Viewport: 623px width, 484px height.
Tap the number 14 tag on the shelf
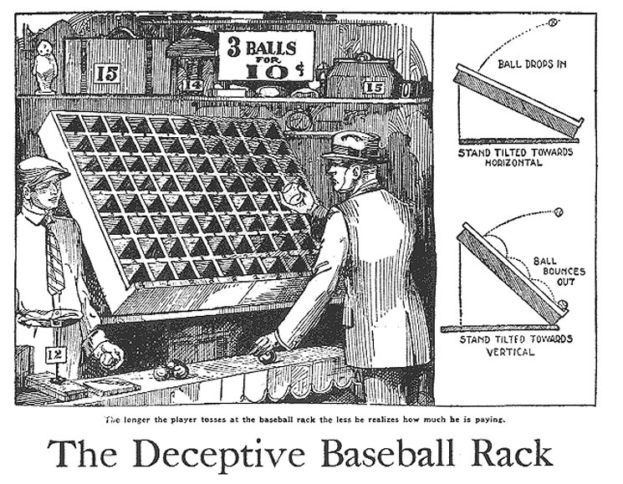193,84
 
